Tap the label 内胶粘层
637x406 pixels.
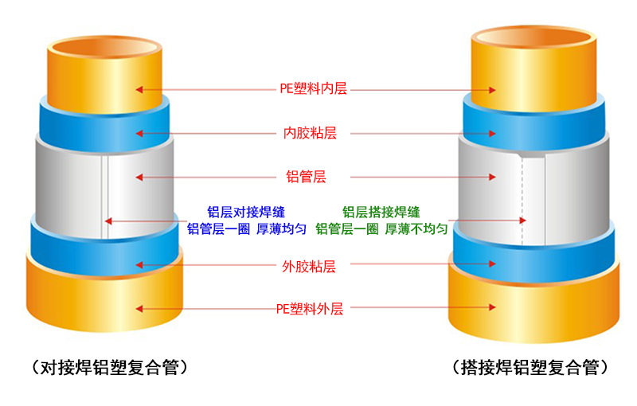311,133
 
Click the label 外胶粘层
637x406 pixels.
310,266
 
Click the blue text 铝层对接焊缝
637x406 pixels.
246,212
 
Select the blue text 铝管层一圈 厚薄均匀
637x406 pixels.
247,229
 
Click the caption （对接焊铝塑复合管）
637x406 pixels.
110,367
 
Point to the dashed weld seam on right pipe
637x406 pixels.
522,199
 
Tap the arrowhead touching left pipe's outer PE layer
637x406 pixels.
139,309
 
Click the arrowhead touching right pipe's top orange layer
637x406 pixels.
494,89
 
